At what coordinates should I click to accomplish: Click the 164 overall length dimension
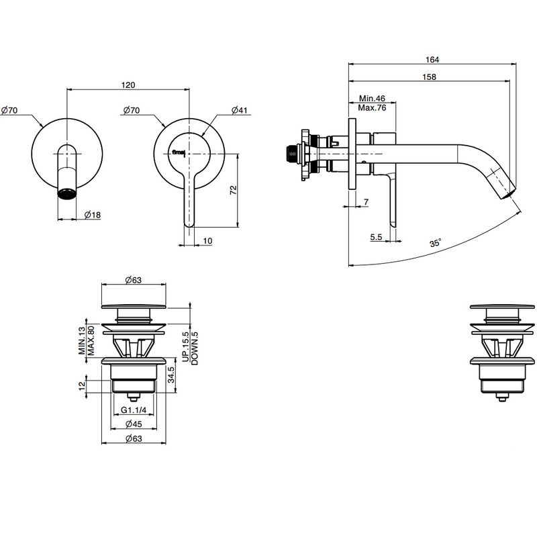[x=432, y=60]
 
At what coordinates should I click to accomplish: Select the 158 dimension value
[x=429, y=77]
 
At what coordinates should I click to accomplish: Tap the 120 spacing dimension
[x=128, y=85]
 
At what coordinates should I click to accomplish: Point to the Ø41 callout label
[x=240, y=110]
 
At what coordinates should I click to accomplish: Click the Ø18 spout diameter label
[x=93, y=215]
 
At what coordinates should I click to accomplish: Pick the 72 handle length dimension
[x=233, y=190]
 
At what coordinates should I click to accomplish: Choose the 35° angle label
[x=435, y=243]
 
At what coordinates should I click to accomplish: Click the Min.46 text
[x=373, y=98]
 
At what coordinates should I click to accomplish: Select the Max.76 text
[x=373, y=108]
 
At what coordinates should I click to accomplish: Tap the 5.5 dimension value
[x=376, y=237]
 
